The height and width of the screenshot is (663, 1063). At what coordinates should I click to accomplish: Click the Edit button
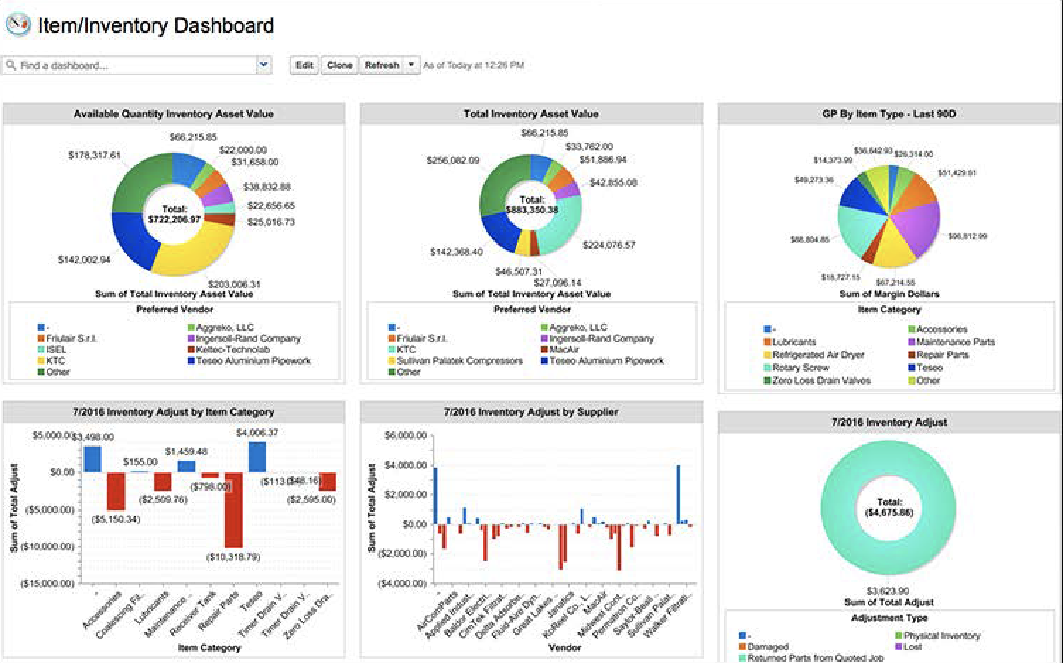[x=304, y=65]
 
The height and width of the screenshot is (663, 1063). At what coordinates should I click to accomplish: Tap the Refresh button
[x=382, y=65]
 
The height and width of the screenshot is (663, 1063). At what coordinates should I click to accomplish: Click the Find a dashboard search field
[x=131, y=66]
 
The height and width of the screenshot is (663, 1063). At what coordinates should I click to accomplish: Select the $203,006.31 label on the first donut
[x=234, y=284]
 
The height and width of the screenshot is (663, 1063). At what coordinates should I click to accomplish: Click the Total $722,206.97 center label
[x=174, y=214]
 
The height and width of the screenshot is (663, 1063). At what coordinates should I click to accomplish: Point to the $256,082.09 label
[x=452, y=160]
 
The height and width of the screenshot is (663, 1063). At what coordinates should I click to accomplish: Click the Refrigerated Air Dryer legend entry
[x=818, y=355]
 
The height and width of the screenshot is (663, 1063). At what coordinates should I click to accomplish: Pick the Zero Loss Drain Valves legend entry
[x=821, y=380]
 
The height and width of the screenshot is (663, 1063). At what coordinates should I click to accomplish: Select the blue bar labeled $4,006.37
[x=257, y=457]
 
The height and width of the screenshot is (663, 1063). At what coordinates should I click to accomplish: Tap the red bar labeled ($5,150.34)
[x=116, y=491]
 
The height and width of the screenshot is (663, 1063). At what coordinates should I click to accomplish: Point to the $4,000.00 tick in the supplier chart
[x=405, y=465]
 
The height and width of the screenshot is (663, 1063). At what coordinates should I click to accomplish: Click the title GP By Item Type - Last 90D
[x=888, y=114]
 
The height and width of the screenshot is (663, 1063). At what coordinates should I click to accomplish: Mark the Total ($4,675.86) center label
[x=888, y=507]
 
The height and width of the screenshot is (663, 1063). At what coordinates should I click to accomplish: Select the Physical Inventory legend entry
[x=941, y=635]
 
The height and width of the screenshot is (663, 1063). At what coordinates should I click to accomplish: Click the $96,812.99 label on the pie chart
[x=967, y=236]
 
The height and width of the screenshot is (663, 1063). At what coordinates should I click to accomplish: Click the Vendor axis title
[x=565, y=647]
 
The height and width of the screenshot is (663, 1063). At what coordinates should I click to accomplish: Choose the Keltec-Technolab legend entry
[x=233, y=350]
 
